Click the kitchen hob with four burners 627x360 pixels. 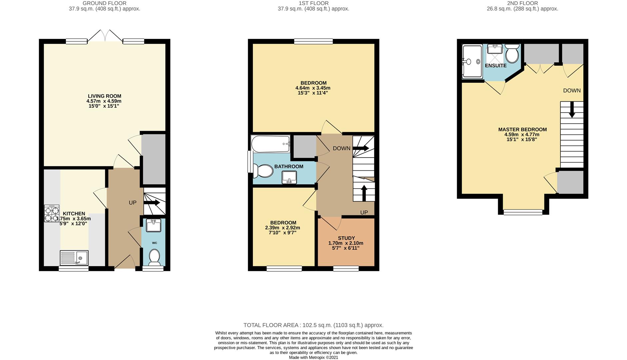pos(52,213)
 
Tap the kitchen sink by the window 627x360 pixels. pos(74,258)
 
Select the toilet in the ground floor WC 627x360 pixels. pos(154,258)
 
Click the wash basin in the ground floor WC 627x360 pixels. pos(154,225)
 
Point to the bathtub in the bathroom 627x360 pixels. pos(271,144)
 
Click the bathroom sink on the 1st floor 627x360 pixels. pos(289,177)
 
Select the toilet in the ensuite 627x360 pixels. pos(512,53)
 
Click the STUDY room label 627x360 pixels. pos(346,238)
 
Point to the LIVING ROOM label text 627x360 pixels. pos(104,96)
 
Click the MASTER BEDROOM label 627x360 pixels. pos(522,129)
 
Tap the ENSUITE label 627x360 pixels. pos(496,66)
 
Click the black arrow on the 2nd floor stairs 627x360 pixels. pos(572,110)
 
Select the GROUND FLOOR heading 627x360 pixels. pos(105,3)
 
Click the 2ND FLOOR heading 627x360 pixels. pos(522,3)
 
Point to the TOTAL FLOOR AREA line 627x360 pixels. pos(313,325)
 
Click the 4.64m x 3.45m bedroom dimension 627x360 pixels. pos(313,88)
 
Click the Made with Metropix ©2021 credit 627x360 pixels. pos(313,357)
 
